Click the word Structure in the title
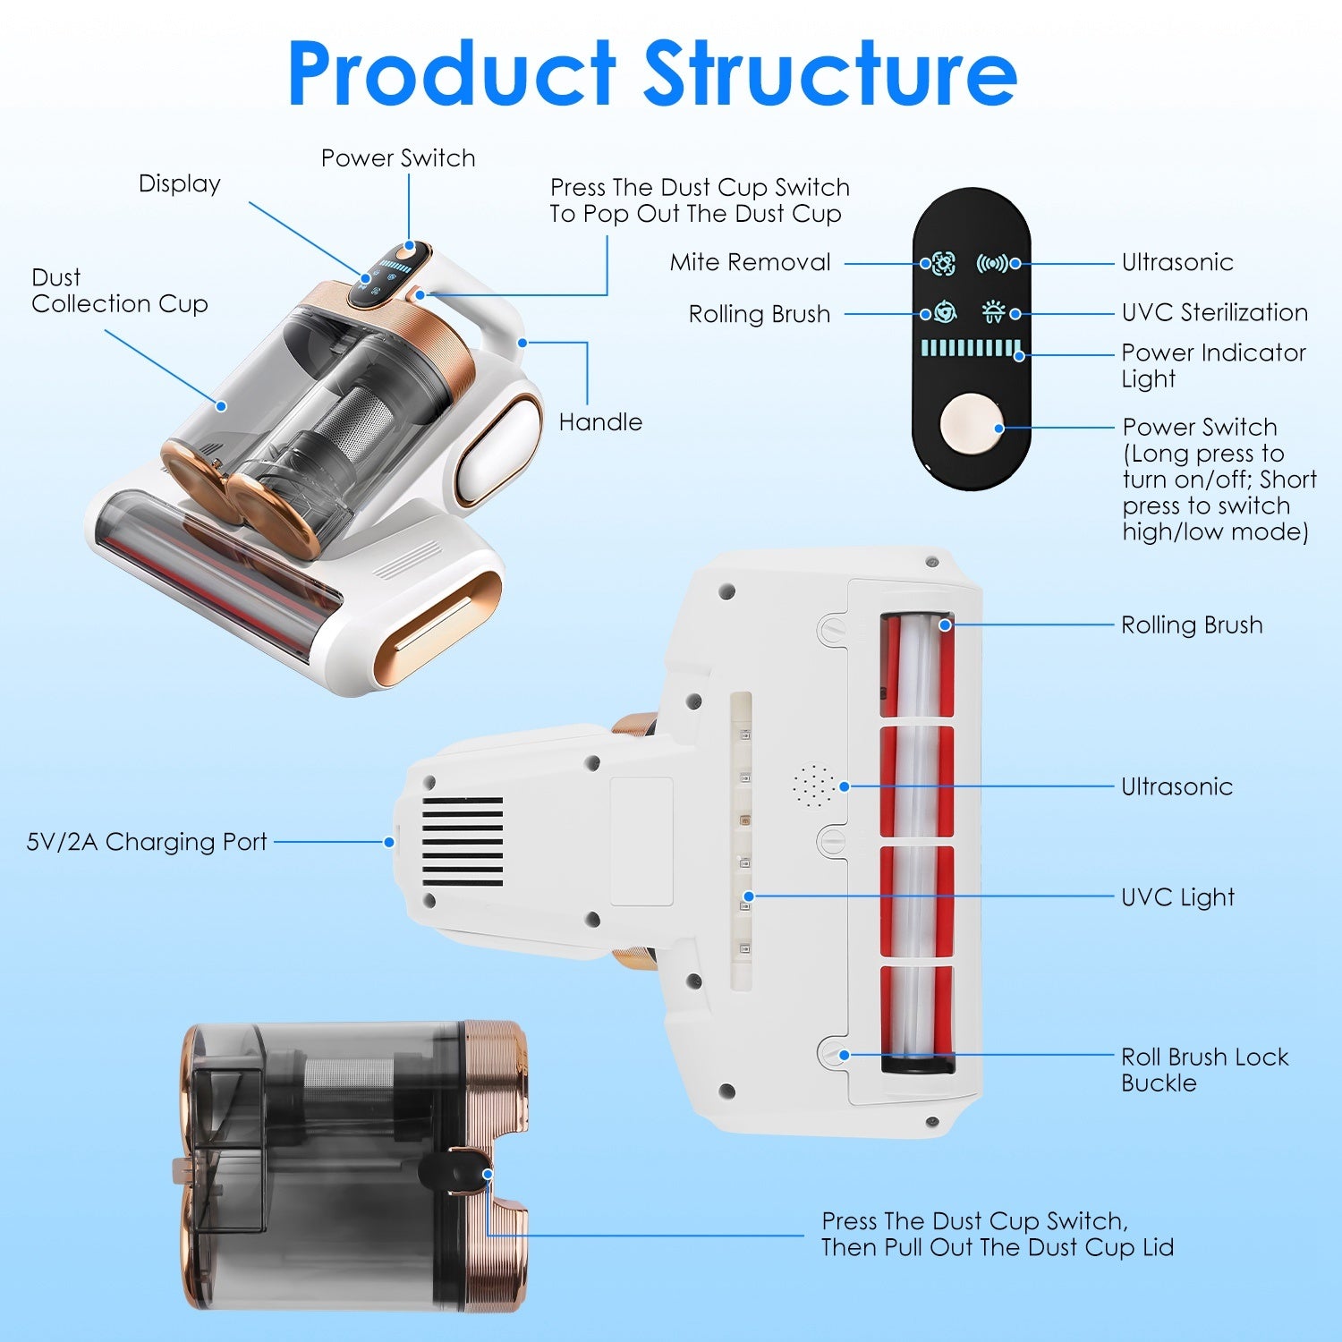pyautogui.click(x=829, y=73)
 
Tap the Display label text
pyautogui.click(x=180, y=184)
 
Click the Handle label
pyautogui.click(x=600, y=422)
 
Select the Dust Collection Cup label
pyautogui.click(x=119, y=291)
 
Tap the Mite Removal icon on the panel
pyautogui.click(x=943, y=263)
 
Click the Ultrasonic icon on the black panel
pyautogui.click(x=992, y=263)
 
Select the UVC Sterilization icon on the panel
pyautogui.click(x=993, y=313)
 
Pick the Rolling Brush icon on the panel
pyautogui.click(x=945, y=313)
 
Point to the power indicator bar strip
pyautogui.click(x=971, y=348)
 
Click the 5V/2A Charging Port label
pyautogui.click(x=147, y=842)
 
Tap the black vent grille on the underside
pyautogui.click(x=463, y=841)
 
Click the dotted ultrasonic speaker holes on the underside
pyautogui.click(x=814, y=786)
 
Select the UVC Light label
pyautogui.click(x=1177, y=897)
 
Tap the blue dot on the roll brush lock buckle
pyautogui.click(x=844, y=1055)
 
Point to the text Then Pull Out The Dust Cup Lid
pyautogui.click(x=997, y=1247)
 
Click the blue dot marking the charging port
pyautogui.click(x=389, y=842)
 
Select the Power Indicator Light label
pyautogui.click(x=1213, y=365)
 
